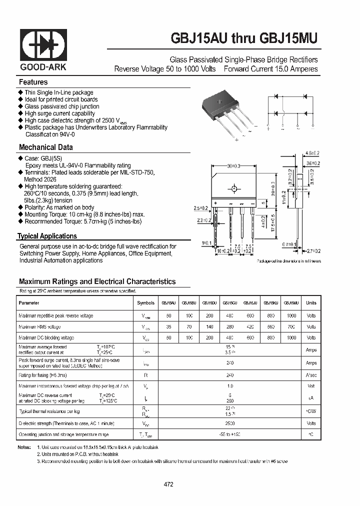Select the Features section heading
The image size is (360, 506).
(33, 82)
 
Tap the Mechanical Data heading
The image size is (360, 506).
(45, 147)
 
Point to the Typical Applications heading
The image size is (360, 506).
(47, 236)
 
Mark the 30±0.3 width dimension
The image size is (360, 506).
(233, 166)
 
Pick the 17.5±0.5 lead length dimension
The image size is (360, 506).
(272, 225)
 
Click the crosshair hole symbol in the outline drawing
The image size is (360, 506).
(233, 189)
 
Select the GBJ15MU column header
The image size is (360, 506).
(291, 303)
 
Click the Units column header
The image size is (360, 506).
(311, 303)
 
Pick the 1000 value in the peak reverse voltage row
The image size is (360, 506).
(291, 315)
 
